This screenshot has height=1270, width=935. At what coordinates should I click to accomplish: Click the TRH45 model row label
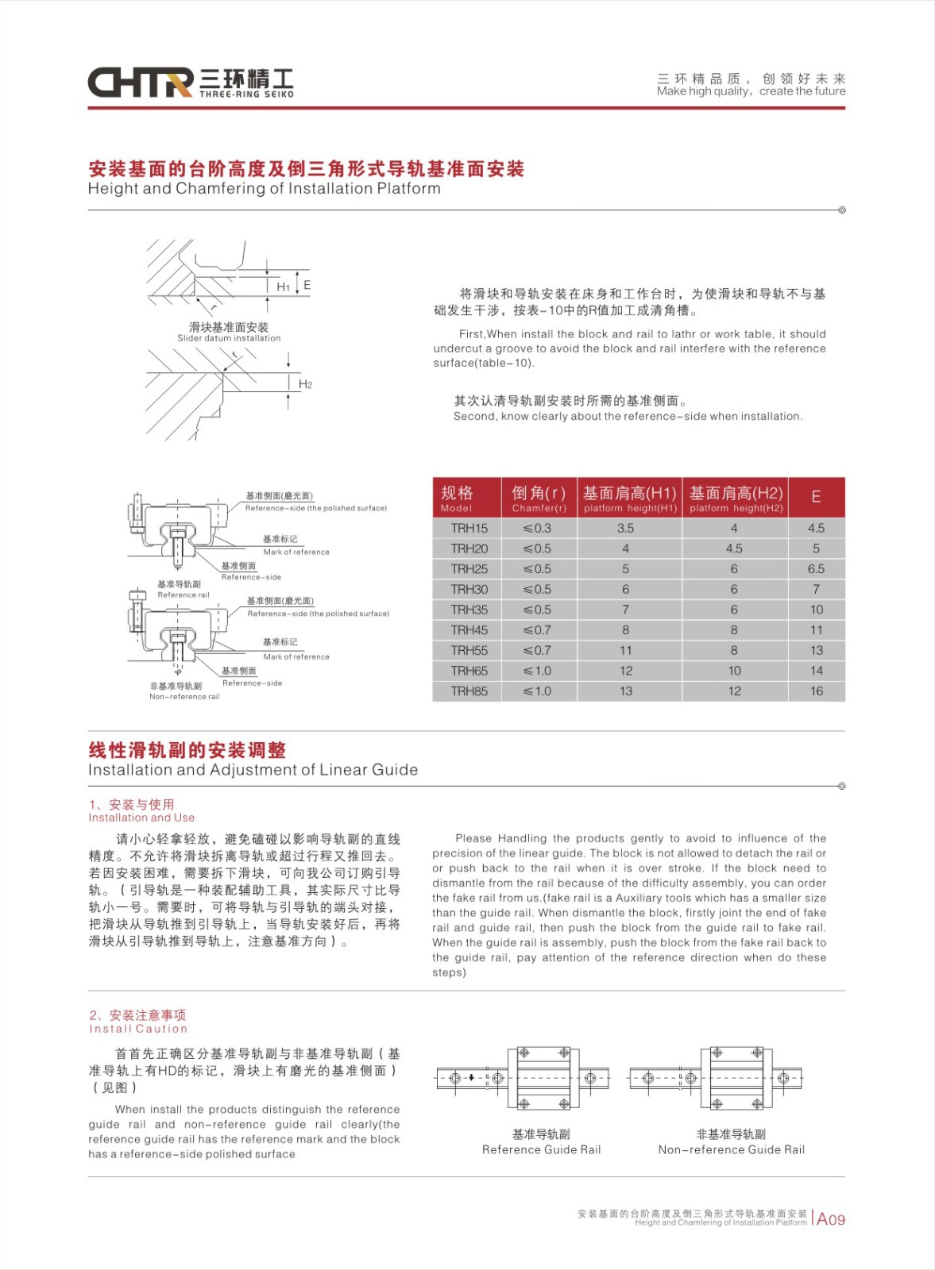coord(469,630)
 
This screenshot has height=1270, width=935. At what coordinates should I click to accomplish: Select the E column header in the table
coord(816,497)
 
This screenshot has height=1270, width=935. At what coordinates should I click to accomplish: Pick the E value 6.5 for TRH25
coord(816,569)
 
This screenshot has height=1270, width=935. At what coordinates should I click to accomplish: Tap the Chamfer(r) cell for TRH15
coord(538,529)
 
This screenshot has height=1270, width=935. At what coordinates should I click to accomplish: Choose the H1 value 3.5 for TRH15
coord(626,529)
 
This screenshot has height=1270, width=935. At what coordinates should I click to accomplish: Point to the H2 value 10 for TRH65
coord(734,671)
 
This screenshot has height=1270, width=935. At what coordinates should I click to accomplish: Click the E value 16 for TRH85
coord(817,691)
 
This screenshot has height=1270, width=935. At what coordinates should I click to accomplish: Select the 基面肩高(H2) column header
coord(736,498)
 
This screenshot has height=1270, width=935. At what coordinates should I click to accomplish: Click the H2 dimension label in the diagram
coord(306,384)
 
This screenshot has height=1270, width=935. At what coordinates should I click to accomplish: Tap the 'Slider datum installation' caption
coord(229,338)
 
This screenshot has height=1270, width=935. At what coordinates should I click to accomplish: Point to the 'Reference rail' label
coord(184,595)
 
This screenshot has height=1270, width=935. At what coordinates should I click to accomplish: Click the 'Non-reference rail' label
coord(184,697)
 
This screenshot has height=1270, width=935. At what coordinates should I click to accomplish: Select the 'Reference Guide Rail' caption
coord(541,1149)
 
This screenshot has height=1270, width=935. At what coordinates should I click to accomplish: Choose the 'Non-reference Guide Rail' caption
coord(731,1149)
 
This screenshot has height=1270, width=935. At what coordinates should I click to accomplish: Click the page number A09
coord(831,1219)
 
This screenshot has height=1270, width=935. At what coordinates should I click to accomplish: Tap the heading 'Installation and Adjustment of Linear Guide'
coord(253,770)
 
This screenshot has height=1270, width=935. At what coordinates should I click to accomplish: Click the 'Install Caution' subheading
coord(138,1029)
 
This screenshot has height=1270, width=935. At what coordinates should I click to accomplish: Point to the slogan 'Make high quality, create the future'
coord(751,91)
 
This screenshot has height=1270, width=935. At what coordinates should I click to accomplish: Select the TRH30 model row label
coord(469,590)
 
